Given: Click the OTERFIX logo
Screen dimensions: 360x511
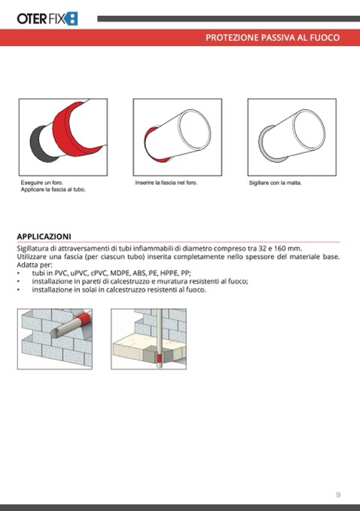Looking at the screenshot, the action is point(47,19).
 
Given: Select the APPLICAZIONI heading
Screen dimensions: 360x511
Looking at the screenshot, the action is point(44,236).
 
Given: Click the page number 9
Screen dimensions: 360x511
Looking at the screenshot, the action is point(338,494).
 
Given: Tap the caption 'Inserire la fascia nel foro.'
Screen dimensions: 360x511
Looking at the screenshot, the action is point(166,182).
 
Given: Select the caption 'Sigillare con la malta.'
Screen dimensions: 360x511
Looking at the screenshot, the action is point(276,183).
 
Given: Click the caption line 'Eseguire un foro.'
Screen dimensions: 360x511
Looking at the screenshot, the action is point(41,182).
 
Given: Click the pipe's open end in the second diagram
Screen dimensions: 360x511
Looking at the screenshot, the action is point(195,130).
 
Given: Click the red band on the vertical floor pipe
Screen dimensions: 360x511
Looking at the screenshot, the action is point(159,358).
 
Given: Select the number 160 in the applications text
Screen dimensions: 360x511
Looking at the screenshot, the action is point(279,248).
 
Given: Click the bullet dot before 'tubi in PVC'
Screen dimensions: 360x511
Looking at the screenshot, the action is point(19,274).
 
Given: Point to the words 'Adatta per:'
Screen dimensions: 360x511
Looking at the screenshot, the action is point(35,265).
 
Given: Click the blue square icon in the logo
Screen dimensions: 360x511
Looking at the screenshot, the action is point(72,19).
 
